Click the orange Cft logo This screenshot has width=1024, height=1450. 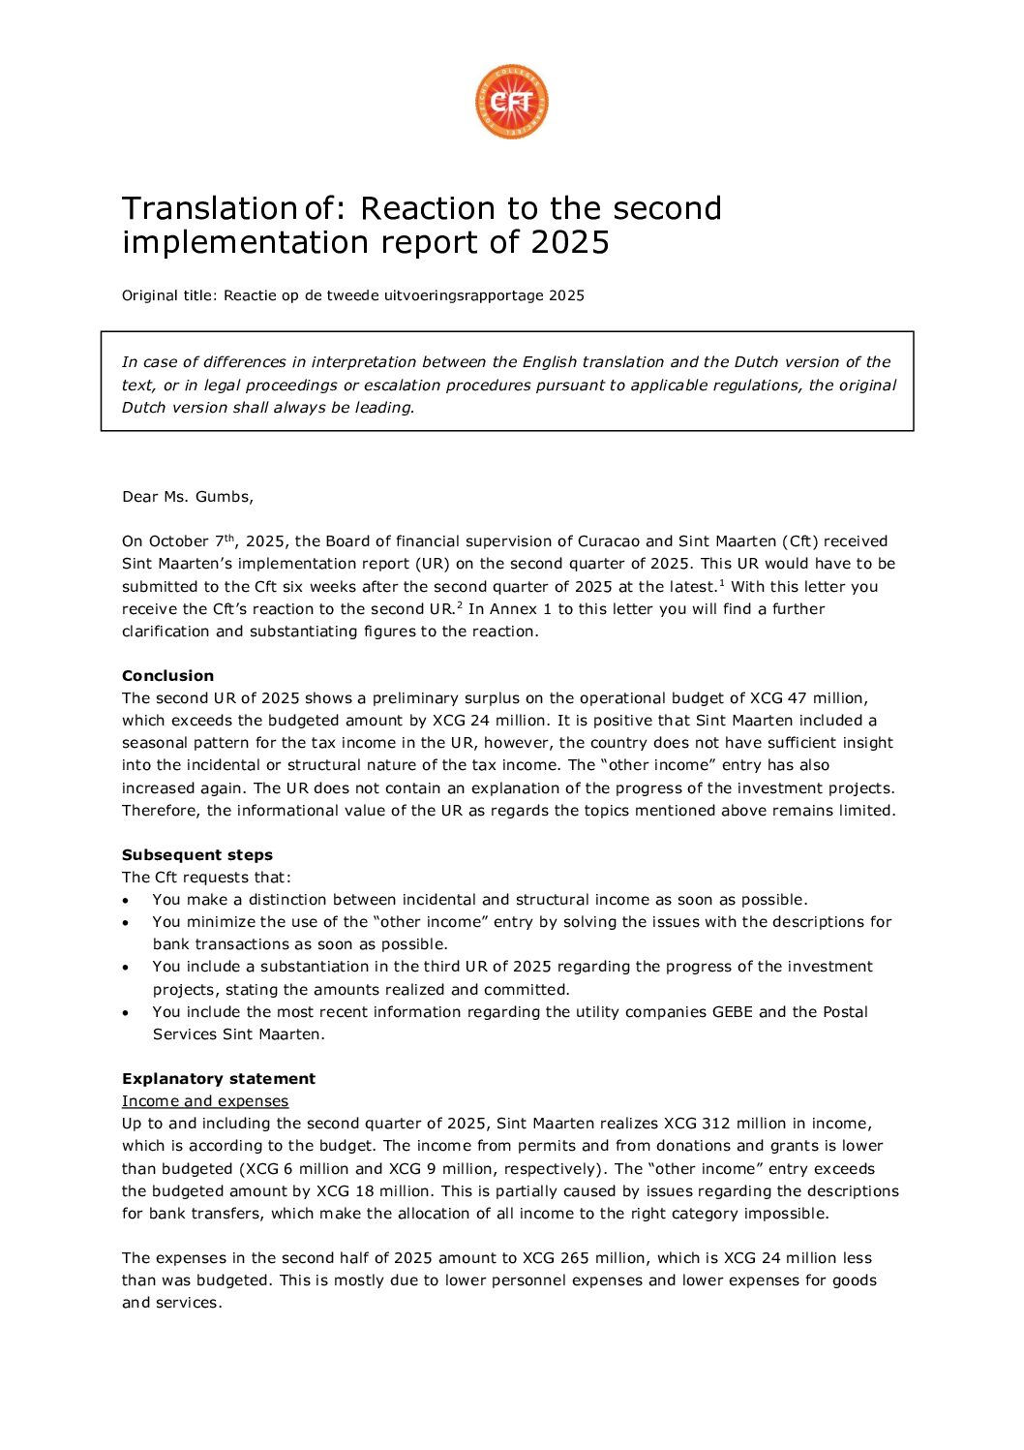click(x=511, y=102)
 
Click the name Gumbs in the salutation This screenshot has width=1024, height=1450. click(x=222, y=497)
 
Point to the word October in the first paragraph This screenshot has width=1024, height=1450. click(x=177, y=541)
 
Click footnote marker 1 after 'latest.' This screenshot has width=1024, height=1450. click(x=722, y=583)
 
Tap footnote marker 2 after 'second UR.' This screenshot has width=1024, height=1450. click(x=459, y=605)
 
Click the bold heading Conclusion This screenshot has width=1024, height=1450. click(x=167, y=676)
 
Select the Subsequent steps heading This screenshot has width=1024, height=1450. click(x=197, y=855)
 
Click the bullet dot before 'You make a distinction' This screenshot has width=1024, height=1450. click(x=126, y=901)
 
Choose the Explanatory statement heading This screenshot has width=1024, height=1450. click(x=219, y=1079)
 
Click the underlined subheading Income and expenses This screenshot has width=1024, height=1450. click(x=205, y=1101)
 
